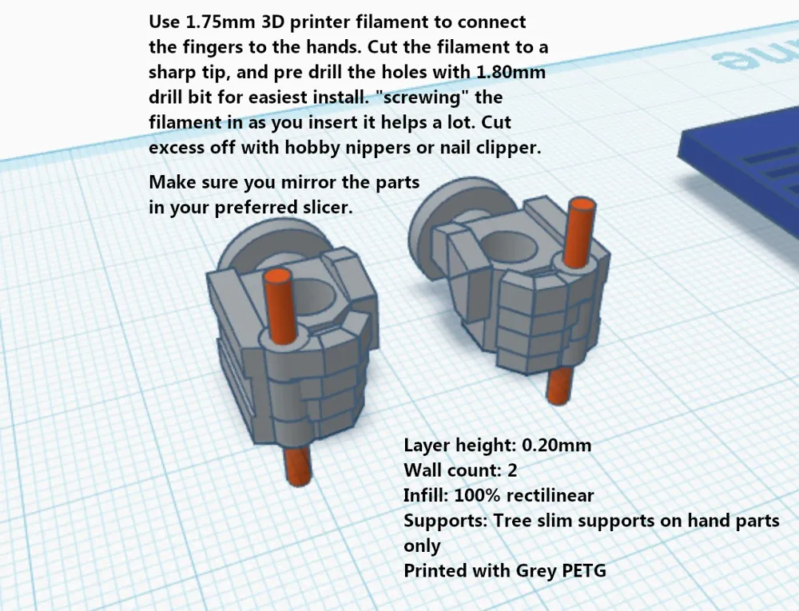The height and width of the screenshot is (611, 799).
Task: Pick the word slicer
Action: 326,207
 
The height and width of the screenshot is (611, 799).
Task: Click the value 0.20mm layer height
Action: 557,446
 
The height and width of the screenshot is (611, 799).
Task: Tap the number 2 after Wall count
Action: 512,470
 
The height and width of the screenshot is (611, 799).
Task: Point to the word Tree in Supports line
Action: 511,521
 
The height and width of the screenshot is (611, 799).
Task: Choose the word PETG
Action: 584,570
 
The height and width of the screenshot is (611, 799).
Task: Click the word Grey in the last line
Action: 536,571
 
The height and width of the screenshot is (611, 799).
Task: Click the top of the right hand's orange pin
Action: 582,204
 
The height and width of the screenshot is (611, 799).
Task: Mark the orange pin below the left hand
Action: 297,466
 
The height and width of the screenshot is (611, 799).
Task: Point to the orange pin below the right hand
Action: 559,386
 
